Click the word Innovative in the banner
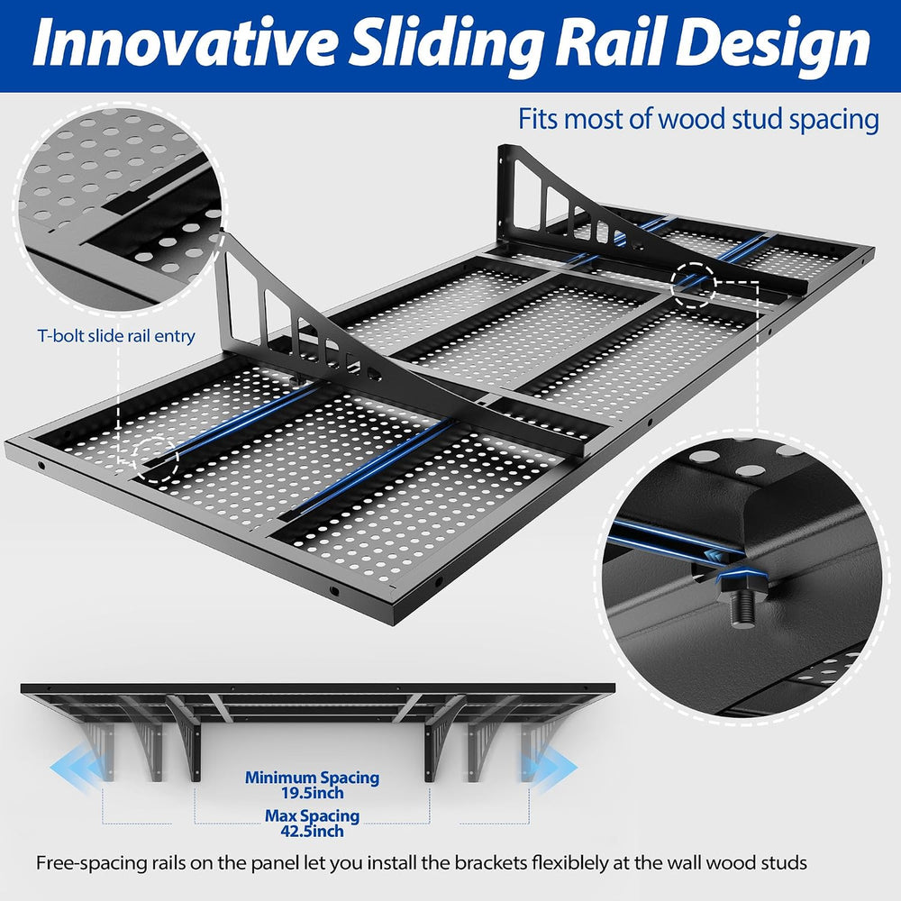click(x=184, y=43)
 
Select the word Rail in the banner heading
click(x=608, y=43)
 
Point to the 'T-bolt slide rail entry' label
click(x=116, y=335)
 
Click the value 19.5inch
click(x=312, y=793)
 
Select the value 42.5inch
click(x=312, y=831)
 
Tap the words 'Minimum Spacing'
click(x=312, y=778)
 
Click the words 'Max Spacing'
click(x=312, y=815)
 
